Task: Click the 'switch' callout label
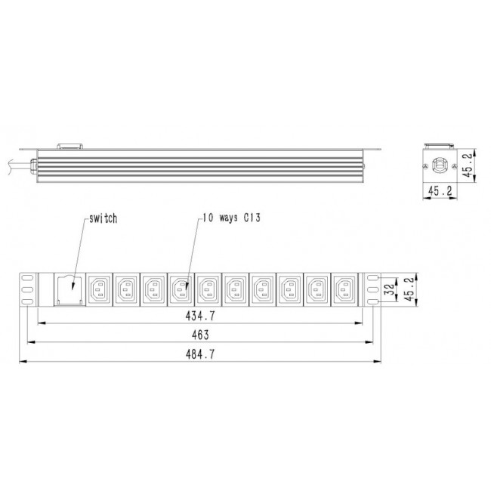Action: [103, 218]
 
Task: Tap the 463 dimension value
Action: [200, 334]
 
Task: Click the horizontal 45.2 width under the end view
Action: [436, 193]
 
